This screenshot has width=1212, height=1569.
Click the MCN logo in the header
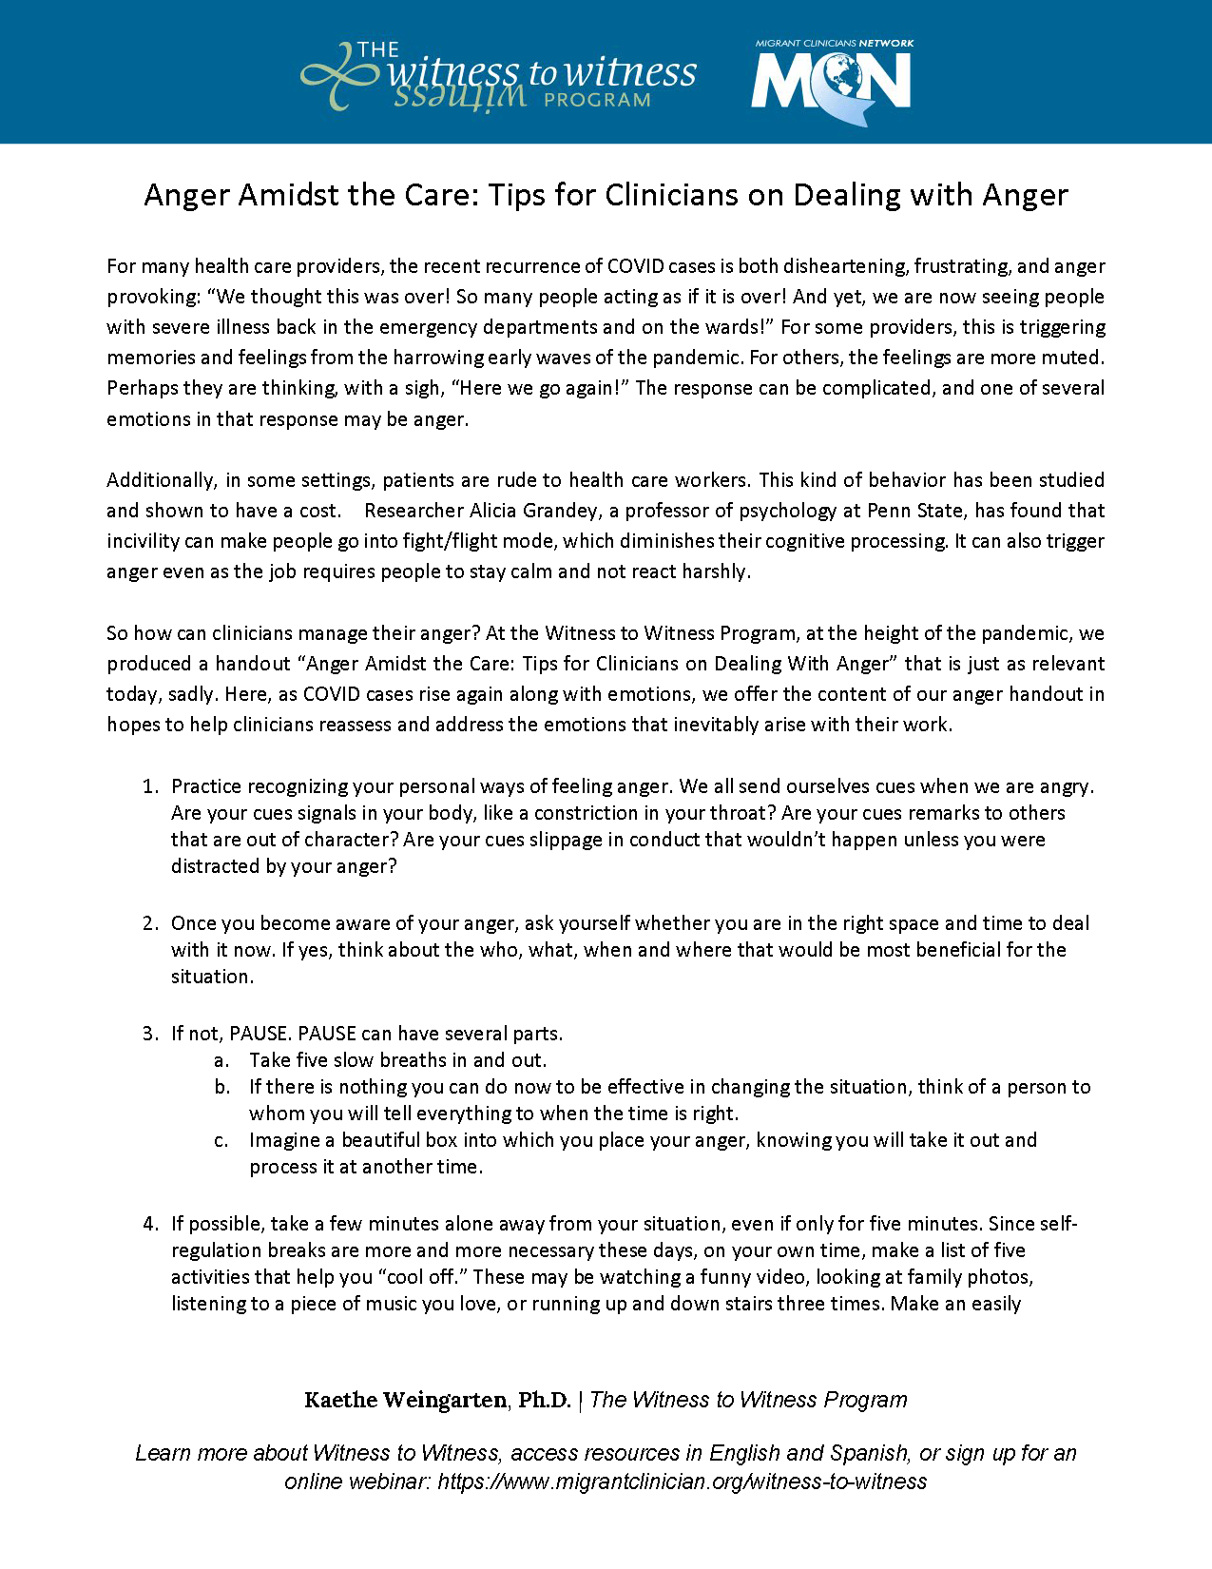(x=832, y=81)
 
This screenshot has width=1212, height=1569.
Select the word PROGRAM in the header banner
(x=597, y=100)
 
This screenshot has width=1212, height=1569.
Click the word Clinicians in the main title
(x=671, y=195)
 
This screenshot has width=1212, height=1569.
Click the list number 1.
(x=149, y=786)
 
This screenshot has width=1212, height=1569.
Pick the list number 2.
(x=149, y=923)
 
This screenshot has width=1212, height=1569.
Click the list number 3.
(x=149, y=1034)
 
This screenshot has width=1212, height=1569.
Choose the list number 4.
(x=149, y=1224)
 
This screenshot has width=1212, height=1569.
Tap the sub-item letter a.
(x=221, y=1060)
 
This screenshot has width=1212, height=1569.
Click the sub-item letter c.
(x=221, y=1140)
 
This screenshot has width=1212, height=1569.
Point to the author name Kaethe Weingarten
(x=405, y=1400)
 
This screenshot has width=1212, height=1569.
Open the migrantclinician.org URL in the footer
(x=682, y=1482)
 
